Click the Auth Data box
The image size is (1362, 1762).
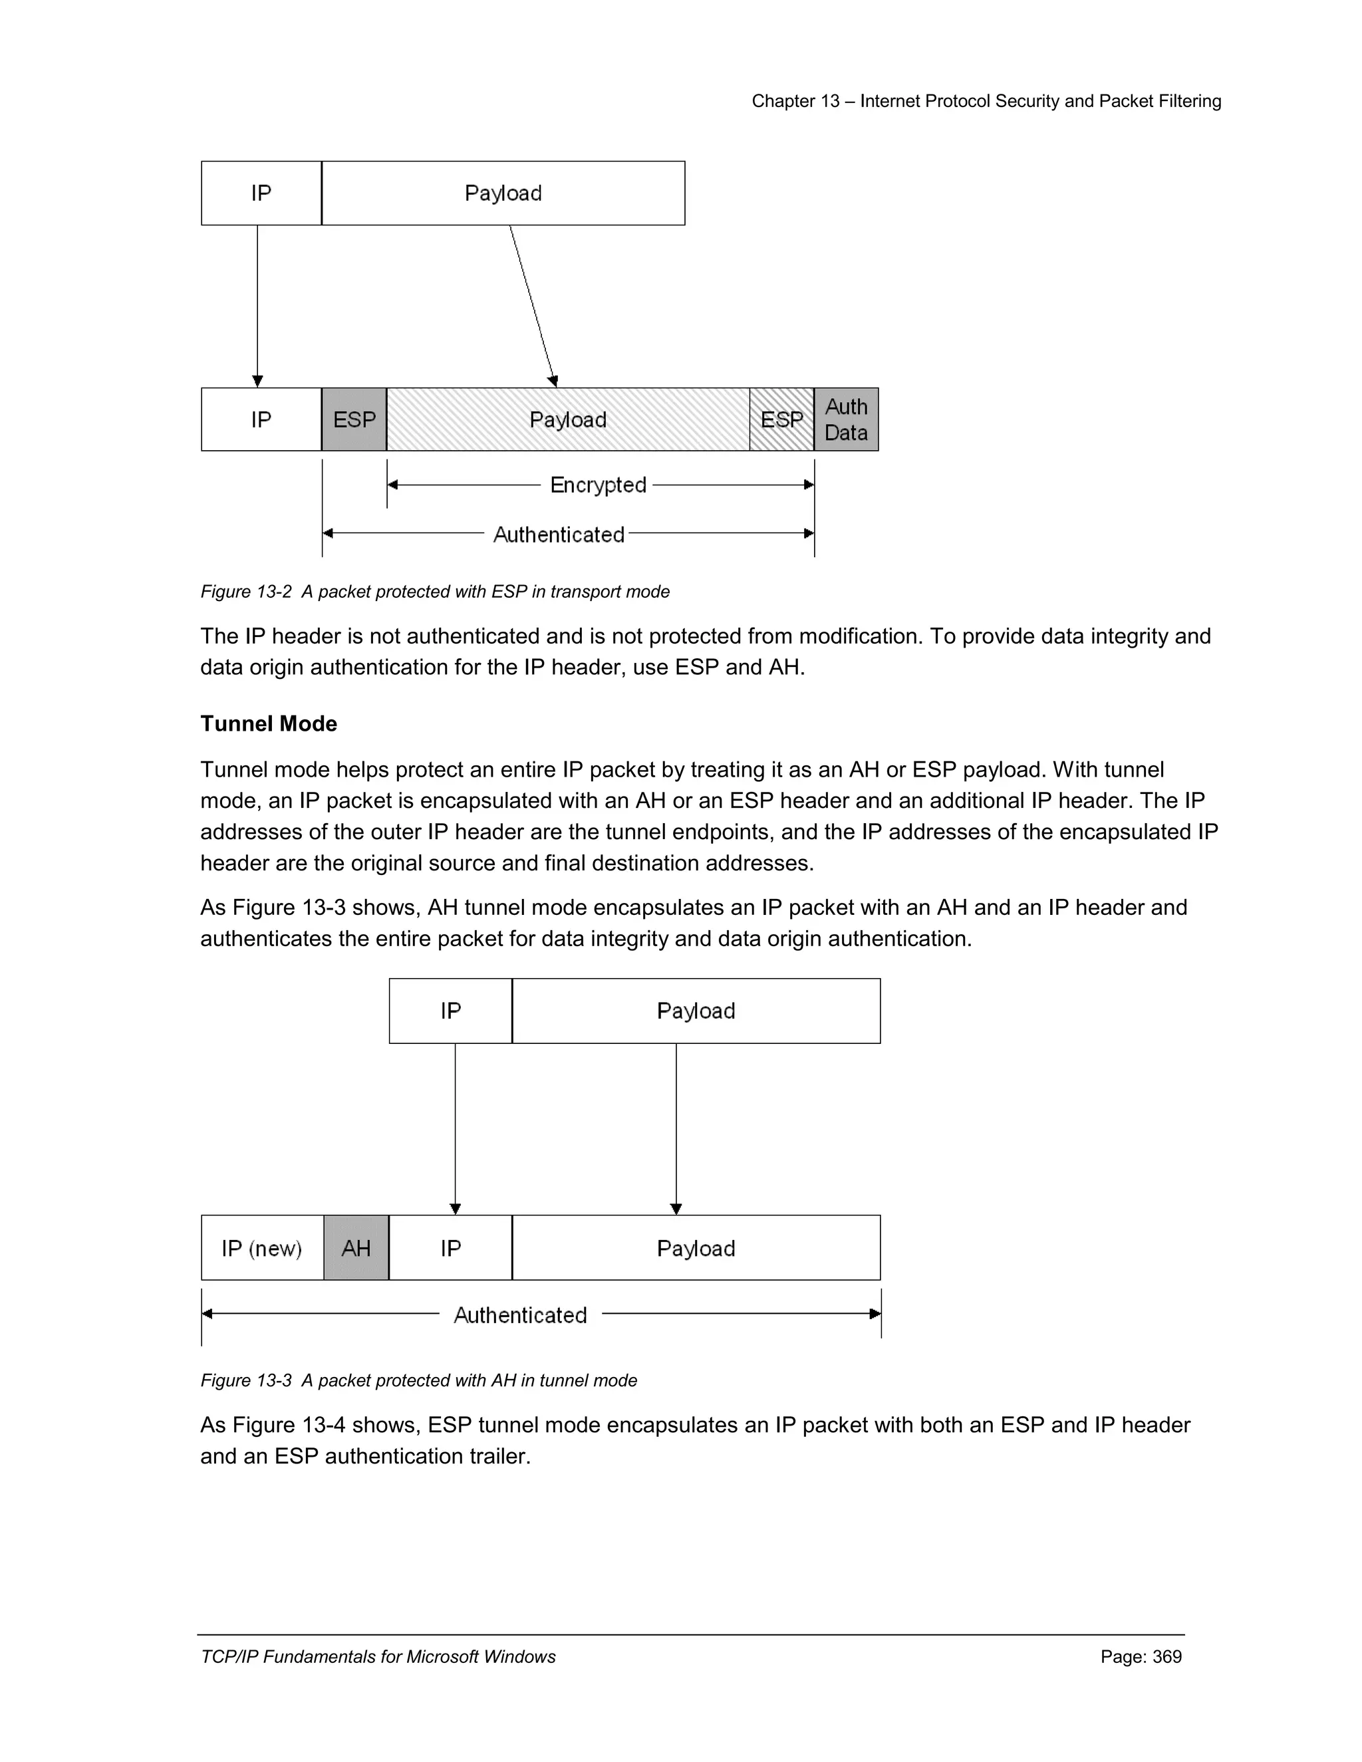coord(846,420)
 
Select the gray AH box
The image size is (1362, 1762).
coord(356,1248)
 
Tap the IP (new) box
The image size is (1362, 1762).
coord(261,1248)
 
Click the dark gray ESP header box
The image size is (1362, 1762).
coord(354,420)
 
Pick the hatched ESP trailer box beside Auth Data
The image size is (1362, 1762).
coord(781,420)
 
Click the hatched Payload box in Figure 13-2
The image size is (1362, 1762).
coord(568,420)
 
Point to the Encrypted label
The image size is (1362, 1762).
coord(598,485)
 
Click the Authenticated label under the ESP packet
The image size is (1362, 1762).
coord(559,534)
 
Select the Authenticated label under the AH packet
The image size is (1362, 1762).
coord(521,1315)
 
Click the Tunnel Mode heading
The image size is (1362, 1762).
coord(269,723)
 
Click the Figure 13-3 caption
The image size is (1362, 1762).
coord(419,1380)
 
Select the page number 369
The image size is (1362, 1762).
coord(1141,1656)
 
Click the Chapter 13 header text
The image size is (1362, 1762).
coord(986,101)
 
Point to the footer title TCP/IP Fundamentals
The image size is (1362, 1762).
coord(378,1656)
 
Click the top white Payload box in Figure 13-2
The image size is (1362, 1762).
coord(503,193)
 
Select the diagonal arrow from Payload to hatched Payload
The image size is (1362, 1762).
coord(533,307)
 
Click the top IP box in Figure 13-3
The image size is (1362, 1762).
coord(450,1011)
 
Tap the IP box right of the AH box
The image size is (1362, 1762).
coord(450,1248)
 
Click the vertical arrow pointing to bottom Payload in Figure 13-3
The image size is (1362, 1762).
coord(676,1130)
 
